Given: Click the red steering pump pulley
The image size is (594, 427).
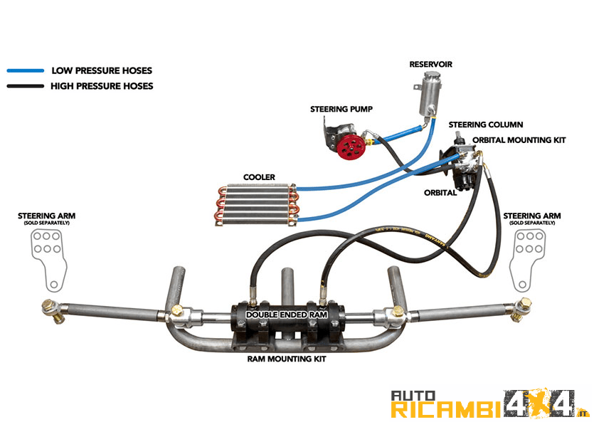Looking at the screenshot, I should [x=350, y=148].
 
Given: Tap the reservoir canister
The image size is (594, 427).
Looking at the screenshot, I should [x=428, y=99].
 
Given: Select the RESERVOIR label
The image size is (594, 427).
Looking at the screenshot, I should [x=430, y=65].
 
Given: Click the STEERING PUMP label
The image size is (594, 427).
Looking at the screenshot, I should [x=341, y=110].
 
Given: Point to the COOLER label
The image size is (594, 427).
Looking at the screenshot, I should [x=259, y=177].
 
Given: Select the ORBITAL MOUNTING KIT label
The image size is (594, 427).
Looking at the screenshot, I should [x=519, y=140].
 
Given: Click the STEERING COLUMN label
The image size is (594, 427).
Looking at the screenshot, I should [x=486, y=125].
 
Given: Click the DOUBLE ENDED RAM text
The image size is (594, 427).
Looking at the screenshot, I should [x=288, y=314].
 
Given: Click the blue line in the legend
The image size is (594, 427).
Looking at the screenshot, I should [x=26, y=71].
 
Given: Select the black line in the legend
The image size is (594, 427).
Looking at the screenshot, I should [x=26, y=87].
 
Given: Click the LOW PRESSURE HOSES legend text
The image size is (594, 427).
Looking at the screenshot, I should [x=102, y=71].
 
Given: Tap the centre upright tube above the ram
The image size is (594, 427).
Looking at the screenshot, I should [x=287, y=285].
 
